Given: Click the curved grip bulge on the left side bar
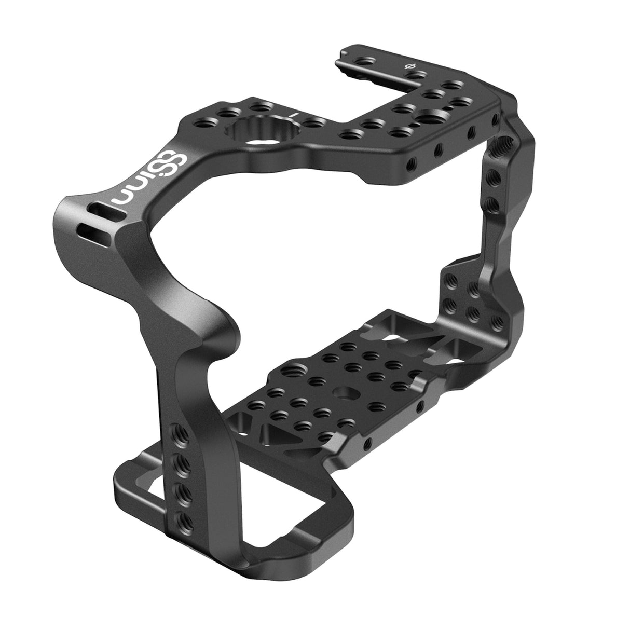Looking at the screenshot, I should pyautogui.click(x=218, y=332).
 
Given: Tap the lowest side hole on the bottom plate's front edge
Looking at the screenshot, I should pyautogui.click(x=367, y=443).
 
